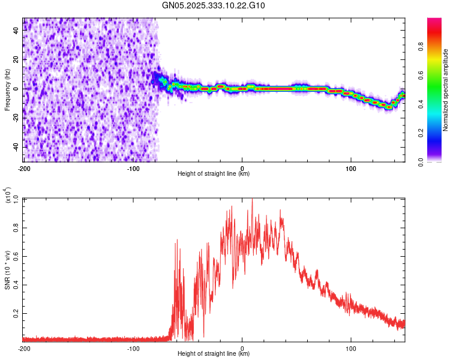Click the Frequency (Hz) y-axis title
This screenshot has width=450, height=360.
coord(7,90)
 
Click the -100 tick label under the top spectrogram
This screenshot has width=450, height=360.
coord(133,167)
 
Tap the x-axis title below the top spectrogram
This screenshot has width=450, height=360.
coord(214,174)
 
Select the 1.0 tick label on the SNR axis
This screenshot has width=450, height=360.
coord(14,199)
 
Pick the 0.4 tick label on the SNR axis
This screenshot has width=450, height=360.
coord(14,285)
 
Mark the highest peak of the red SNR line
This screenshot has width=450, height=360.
coord(252,199)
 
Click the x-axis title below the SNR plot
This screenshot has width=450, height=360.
coord(214,355)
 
